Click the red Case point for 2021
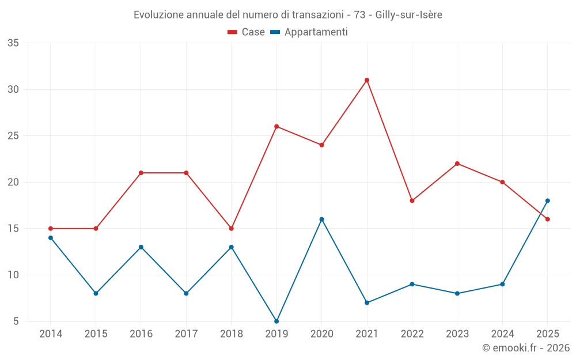point(366,80)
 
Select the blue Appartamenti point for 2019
point(276,321)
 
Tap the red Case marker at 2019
point(276,126)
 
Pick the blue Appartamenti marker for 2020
point(322,219)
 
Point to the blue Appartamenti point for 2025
point(547,200)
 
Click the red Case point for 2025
point(547,219)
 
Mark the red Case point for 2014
point(51,229)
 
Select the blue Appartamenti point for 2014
point(51,238)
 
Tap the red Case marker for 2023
point(457,164)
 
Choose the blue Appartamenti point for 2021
point(366,303)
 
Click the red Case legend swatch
point(232,32)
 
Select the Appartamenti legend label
point(316,32)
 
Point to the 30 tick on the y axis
point(13,90)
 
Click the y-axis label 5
point(16,321)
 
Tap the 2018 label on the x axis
point(232,334)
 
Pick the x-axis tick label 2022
point(412,334)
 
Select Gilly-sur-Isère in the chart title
point(408,15)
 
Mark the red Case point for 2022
point(412,200)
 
